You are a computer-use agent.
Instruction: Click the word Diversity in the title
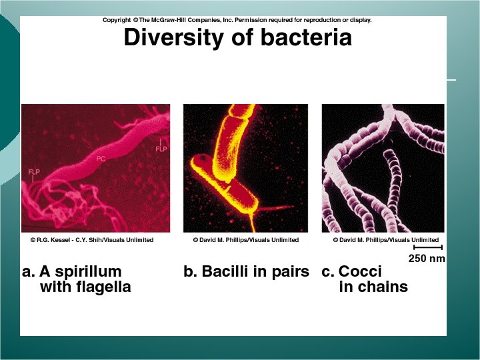point(166,38)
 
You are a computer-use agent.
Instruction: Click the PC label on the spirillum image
point(101,159)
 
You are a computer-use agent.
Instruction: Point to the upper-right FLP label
point(161,149)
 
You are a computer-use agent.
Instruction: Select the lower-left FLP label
point(34,172)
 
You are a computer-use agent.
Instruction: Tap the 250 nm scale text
point(427,258)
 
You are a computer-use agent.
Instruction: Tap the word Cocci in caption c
point(360,272)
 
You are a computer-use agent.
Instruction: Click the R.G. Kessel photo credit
point(92,240)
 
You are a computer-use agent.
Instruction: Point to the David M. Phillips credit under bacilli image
point(246,240)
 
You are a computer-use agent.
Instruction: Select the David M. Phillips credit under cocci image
point(386,240)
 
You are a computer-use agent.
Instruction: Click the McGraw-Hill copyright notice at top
point(237,20)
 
